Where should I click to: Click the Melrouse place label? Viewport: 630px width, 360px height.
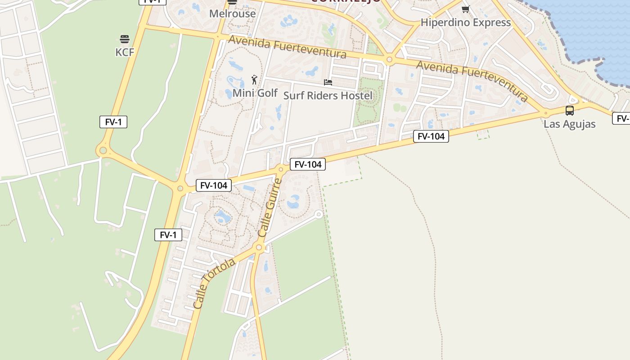tap(232, 13)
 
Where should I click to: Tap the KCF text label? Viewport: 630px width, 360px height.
tap(125, 52)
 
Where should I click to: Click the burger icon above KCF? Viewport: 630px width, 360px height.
tap(125, 39)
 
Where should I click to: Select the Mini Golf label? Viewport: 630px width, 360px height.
tap(255, 93)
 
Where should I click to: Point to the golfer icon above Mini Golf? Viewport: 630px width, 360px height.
tap(255, 80)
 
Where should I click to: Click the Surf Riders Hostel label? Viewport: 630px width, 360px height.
tap(328, 95)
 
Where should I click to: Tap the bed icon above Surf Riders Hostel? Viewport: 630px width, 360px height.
tap(328, 82)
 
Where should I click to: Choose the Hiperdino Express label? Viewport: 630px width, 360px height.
tap(465, 22)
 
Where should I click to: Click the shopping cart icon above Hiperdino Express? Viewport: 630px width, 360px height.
tap(465, 9)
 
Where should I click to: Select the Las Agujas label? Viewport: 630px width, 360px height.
tap(569, 124)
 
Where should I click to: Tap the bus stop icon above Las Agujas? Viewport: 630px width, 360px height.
tap(569, 110)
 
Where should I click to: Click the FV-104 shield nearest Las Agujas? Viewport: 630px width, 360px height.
tap(431, 136)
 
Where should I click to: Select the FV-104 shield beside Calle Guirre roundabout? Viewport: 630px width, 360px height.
tap(307, 164)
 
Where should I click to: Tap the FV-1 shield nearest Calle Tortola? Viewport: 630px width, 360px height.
tap(168, 234)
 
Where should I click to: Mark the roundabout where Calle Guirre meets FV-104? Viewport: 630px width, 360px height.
tap(281, 170)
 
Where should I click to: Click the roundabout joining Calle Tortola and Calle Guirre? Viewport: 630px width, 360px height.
tap(259, 247)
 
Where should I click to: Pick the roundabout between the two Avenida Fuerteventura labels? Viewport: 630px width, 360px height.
tap(389, 59)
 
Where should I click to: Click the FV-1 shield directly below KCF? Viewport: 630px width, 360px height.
tap(113, 121)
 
